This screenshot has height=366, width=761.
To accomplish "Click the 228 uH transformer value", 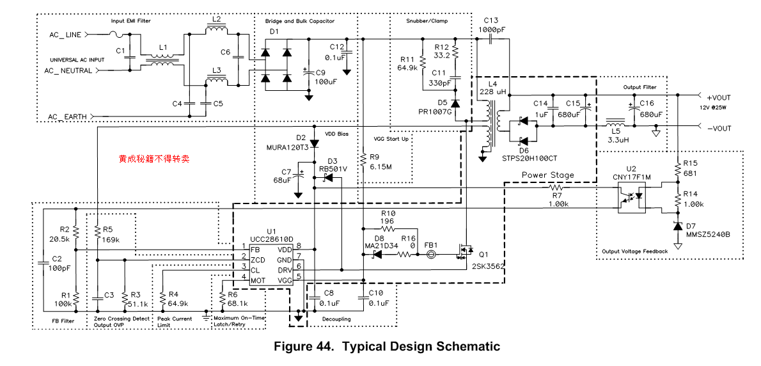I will pyautogui.click(x=492, y=92).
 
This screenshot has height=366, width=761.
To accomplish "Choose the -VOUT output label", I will pyautogui.click(x=719, y=129).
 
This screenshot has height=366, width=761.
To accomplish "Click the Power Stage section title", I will pyautogui.click(x=547, y=175).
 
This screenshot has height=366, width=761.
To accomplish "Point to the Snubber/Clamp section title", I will pyautogui.click(x=427, y=21).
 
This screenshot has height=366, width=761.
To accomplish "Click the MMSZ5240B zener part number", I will pyautogui.click(x=708, y=234).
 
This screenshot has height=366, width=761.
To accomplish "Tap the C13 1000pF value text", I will pyautogui.click(x=491, y=29).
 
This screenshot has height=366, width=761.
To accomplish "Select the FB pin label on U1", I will pyautogui.click(x=255, y=249).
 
